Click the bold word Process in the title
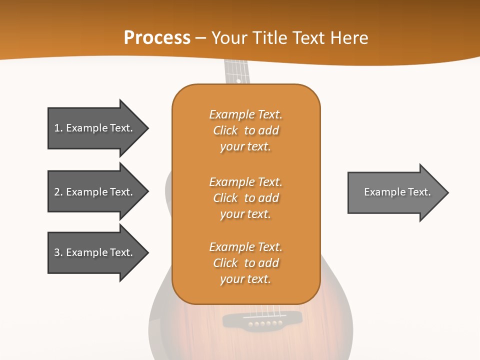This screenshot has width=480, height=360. coord(157,38)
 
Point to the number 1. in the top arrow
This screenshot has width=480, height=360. coord(58,128)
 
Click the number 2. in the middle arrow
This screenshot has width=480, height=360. coord(58,192)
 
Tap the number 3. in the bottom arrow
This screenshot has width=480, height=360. coord(58,252)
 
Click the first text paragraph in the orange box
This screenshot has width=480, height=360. coord(245,130)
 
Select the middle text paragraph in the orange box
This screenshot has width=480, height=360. coord(245,198)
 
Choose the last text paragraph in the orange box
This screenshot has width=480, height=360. coord(245,263)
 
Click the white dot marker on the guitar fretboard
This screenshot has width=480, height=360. coord(238,80)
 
